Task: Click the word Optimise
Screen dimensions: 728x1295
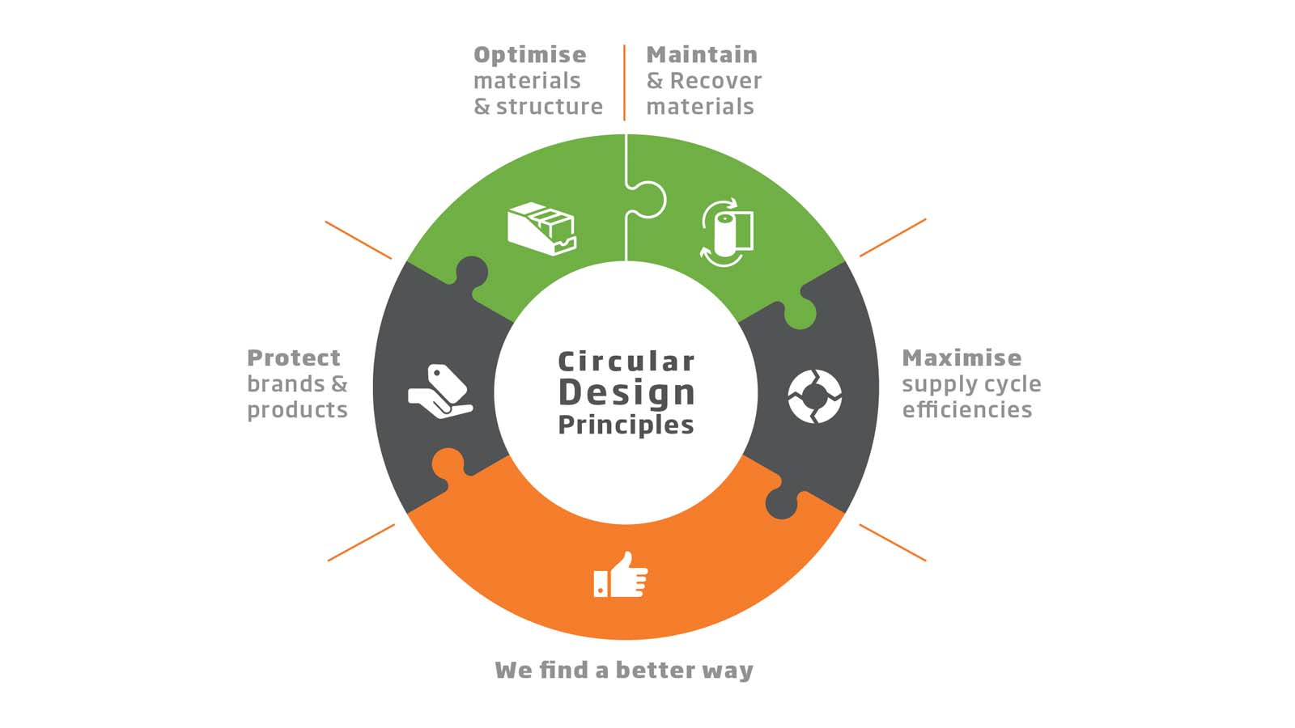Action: (529, 55)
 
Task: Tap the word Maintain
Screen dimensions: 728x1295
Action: (702, 55)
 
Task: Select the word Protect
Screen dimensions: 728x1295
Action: (294, 358)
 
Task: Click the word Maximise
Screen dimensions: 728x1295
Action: (962, 358)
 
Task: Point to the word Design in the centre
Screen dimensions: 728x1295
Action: (626, 392)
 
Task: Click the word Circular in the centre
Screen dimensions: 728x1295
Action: (626, 361)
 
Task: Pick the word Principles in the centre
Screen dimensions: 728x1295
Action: (626, 425)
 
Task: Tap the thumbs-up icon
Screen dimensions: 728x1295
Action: (622, 575)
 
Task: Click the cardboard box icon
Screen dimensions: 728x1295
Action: (541, 228)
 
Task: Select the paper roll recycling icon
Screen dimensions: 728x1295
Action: (726, 232)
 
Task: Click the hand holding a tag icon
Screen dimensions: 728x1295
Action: (439, 392)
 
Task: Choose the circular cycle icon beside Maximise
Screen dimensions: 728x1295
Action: (814, 396)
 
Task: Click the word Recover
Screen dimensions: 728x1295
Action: (715, 81)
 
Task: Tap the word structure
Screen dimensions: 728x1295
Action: (550, 107)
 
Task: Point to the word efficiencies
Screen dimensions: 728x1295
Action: (967, 410)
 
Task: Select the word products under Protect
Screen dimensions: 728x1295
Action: (297, 410)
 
